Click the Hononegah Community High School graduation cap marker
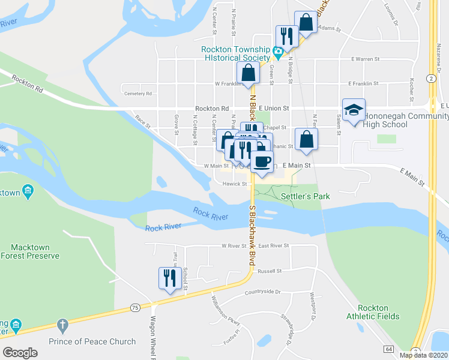coord(354,110)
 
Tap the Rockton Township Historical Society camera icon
coord(278,53)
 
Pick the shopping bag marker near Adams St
coord(306,23)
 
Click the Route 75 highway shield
coord(134,308)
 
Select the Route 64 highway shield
coord(389,349)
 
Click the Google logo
coord(20,353)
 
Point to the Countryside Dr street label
coord(262,292)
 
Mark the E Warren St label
coord(365,59)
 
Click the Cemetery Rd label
coord(138,94)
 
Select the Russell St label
coord(269,271)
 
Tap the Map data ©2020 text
coord(423,355)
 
